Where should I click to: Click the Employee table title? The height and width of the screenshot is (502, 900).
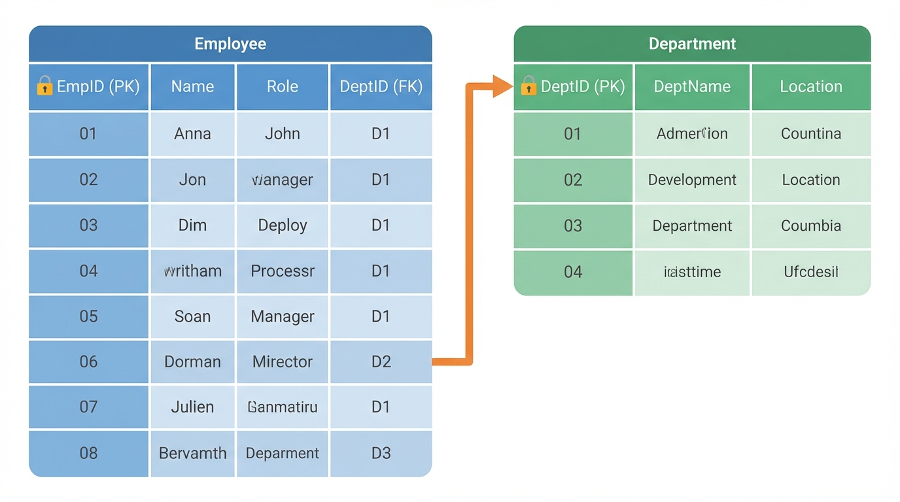click(x=230, y=44)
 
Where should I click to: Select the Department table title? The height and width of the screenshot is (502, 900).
click(x=692, y=44)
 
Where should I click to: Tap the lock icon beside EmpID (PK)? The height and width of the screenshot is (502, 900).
click(x=44, y=86)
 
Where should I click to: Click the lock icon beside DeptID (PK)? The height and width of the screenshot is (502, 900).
click(x=528, y=86)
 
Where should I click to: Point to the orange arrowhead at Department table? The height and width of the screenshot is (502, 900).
click(x=502, y=86)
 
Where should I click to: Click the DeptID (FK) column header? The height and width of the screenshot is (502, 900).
click(x=381, y=86)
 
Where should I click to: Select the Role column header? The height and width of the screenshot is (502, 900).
click(x=283, y=86)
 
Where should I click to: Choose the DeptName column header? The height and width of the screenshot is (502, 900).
click(x=692, y=86)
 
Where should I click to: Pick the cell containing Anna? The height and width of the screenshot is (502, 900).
click(x=192, y=134)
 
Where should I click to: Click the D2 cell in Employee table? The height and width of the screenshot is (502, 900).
click(x=381, y=361)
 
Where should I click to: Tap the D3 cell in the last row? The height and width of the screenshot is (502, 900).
click(x=381, y=453)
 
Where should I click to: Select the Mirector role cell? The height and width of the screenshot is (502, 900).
click(x=283, y=361)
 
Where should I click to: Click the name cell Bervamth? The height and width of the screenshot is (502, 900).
click(x=192, y=453)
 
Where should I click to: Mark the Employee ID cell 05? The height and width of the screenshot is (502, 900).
click(x=88, y=316)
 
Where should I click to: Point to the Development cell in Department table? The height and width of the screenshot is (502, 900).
click(x=692, y=180)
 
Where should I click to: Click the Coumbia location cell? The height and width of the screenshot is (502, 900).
click(x=811, y=226)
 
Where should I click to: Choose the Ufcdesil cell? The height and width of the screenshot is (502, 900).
click(x=811, y=272)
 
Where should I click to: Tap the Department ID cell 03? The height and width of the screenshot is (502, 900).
click(x=573, y=226)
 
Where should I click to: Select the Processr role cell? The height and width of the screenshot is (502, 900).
click(x=283, y=271)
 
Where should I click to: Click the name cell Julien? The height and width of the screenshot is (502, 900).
click(x=192, y=407)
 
